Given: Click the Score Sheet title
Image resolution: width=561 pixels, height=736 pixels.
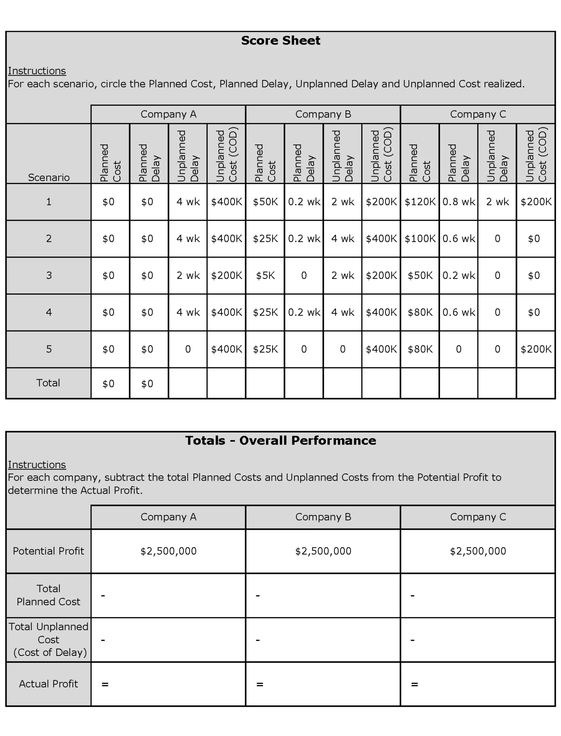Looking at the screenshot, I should click(x=280, y=41).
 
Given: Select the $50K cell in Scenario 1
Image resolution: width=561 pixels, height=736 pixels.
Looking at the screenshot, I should click(x=265, y=202).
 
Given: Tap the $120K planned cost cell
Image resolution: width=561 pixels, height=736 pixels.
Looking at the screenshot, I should click(x=420, y=202).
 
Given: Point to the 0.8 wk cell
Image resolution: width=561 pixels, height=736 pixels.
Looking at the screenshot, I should click(x=459, y=202).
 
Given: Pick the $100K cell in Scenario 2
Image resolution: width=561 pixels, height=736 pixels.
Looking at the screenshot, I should click(x=420, y=238).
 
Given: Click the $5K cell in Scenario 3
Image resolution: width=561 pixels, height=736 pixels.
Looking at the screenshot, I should click(x=265, y=275).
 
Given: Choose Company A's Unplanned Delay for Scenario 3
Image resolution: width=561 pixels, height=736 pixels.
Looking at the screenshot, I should click(x=188, y=275).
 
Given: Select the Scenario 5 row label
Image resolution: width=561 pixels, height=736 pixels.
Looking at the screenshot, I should click(x=49, y=349).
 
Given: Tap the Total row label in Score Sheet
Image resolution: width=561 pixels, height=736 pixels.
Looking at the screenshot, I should click(x=48, y=383).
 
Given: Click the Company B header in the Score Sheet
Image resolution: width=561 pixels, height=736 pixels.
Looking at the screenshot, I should click(x=323, y=114).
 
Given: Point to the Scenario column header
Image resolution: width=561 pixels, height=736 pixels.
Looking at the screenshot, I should click(x=49, y=177).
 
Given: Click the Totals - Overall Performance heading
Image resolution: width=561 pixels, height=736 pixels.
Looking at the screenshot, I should click(x=280, y=440).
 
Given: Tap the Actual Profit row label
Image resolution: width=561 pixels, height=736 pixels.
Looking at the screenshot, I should click(x=48, y=684).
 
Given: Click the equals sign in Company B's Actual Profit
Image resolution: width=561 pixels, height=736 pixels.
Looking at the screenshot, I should click(x=260, y=684).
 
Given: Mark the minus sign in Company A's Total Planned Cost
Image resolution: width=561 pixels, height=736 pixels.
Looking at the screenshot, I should click(x=103, y=596).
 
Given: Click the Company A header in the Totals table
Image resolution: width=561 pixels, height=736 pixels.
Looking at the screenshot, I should click(x=168, y=517).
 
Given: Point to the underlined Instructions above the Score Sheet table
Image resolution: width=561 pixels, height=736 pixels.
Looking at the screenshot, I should click(x=37, y=71).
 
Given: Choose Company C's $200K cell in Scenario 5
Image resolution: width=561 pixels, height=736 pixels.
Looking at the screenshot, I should click(x=536, y=349).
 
